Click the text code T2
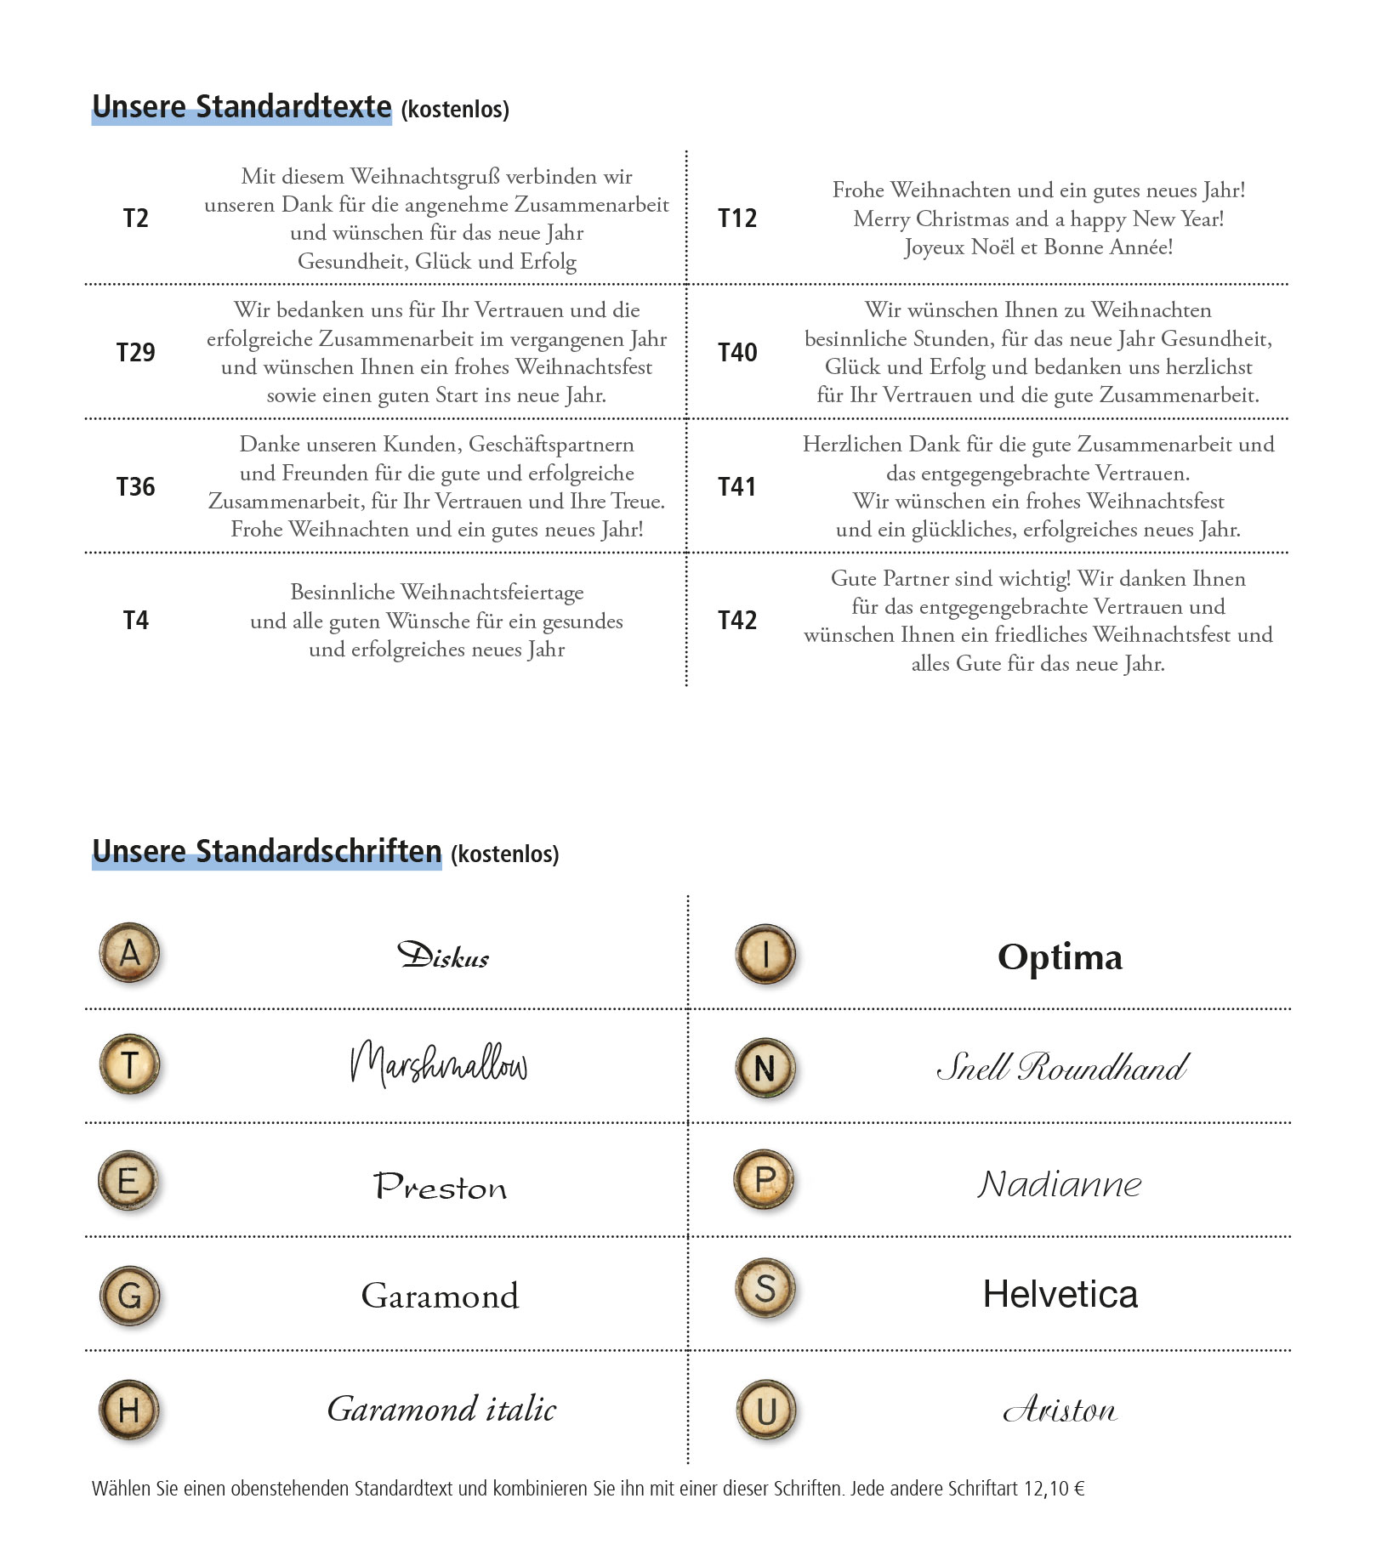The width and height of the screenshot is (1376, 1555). click(135, 218)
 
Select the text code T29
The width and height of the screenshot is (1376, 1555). click(135, 352)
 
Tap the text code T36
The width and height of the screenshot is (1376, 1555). click(135, 486)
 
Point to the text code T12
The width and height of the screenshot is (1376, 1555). click(736, 218)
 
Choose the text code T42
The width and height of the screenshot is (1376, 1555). click(736, 621)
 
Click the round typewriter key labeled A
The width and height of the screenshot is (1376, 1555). click(130, 953)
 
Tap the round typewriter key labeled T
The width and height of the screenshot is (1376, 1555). click(130, 1064)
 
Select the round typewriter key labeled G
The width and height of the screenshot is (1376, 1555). click(130, 1296)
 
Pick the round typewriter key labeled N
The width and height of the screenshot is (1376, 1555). click(765, 1068)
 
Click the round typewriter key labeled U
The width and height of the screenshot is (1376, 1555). click(765, 1411)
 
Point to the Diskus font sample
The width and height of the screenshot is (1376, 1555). click(443, 956)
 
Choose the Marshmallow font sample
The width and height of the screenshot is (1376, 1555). click(439, 1064)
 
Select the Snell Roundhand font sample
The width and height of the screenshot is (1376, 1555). click(1062, 1067)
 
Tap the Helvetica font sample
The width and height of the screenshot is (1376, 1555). click(1060, 1294)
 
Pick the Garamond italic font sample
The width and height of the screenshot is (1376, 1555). click(441, 1410)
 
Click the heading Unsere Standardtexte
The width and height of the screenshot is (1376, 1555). click(242, 107)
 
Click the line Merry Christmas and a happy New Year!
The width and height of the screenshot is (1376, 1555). click(1038, 219)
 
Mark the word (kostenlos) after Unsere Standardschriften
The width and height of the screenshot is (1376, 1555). click(504, 854)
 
